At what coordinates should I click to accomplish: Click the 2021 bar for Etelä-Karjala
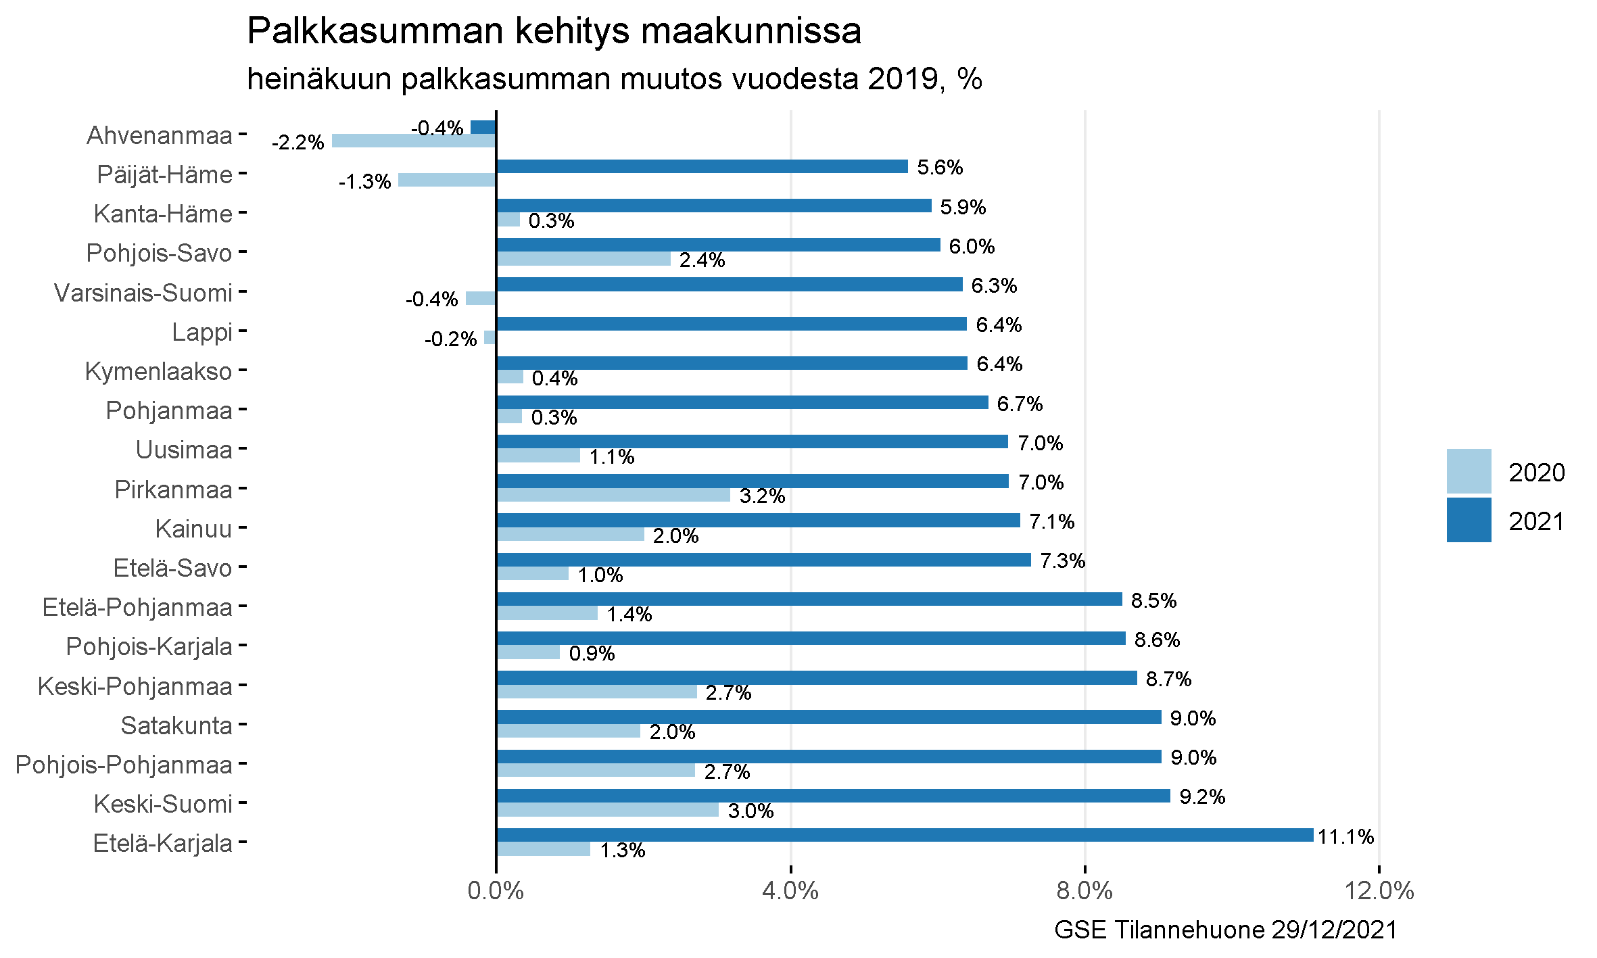pos(905,835)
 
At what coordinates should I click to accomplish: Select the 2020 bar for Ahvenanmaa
pos(414,141)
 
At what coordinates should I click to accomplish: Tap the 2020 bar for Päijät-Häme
pos(447,180)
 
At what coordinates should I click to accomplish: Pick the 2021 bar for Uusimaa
pos(752,441)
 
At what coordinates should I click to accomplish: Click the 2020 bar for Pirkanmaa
pos(613,495)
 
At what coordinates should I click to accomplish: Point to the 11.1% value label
pos(1345,837)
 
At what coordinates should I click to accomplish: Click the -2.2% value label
pos(297,143)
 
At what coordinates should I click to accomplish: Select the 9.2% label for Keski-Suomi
pos(1202,797)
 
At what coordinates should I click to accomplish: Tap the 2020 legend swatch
pos(1469,471)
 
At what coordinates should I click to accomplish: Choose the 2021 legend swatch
pos(1469,520)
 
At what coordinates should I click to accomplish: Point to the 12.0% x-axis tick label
pos(1379,891)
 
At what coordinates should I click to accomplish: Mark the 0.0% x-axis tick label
pos(496,891)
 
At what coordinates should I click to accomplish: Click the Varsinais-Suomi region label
pos(143,293)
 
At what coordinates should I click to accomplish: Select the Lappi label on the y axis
pos(202,333)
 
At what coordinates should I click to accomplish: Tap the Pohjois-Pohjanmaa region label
pos(124,765)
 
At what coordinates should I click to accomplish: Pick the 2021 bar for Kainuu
pos(758,520)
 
